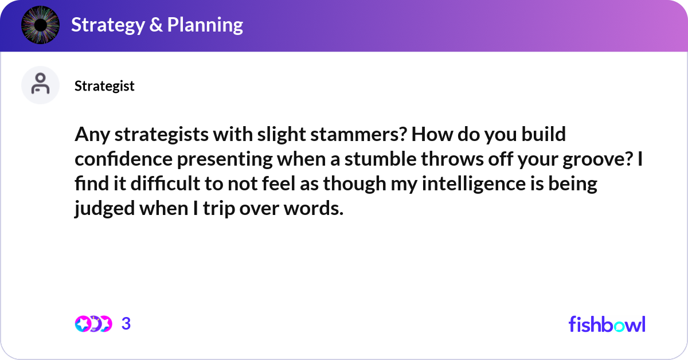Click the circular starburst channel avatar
(x=40, y=25)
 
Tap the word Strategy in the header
(x=108, y=25)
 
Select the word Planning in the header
(x=205, y=25)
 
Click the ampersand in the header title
(x=156, y=25)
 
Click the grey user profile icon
(x=40, y=85)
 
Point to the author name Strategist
(x=104, y=86)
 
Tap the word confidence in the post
(x=123, y=159)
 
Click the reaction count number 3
(x=126, y=324)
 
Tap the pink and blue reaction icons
(x=93, y=324)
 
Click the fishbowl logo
(x=607, y=324)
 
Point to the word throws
(x=452, y=159)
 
